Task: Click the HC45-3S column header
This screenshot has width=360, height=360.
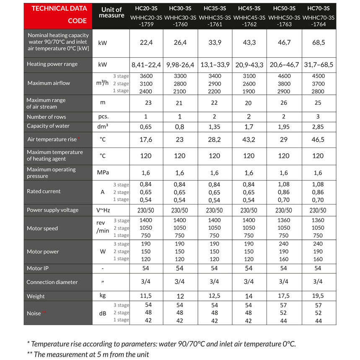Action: pyautogui.click(x=249, y=8)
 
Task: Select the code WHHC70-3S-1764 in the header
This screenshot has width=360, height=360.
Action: pyautogui.click(x=318, y=21)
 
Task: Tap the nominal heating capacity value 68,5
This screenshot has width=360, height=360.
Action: pyautogui.click(x=318, y=42)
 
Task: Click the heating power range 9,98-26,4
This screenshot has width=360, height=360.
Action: pyautogui.click(x=180, y=65)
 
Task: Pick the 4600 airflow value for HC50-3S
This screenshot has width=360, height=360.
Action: pyautogui.click(x=284, y=76)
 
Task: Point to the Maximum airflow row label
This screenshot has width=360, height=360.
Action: pyautogui.click(x=49, y=83)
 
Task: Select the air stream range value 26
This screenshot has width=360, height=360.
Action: pyautogui.click(x=284, y=103)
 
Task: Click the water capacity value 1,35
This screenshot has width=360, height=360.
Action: pyautogui.click(x=214, y=126)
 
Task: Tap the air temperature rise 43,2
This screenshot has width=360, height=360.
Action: pyautogui.click(x=249, y=139)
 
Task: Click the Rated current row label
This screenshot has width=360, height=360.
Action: pyautogui.click(x=44, y=191)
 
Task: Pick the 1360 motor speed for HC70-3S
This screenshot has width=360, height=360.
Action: pyautogui.click(x=318, y=220)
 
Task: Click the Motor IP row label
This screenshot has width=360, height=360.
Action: pyautogui.click(x=38, y=268)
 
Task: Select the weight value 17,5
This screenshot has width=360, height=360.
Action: pyautogui.click(x=284, y=296)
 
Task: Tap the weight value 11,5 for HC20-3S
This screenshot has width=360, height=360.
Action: pyautogui.click(x=145, y=296)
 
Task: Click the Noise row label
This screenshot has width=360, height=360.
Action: pyautogui.click(x=34, y=313)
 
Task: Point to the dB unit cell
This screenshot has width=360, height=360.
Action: pyautogui.click(x=102, y=313)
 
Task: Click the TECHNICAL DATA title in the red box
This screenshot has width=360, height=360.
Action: pyautogui.click(x=59, y=8)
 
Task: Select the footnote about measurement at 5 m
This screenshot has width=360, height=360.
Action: pyautogui.click(x=88, y=354)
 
